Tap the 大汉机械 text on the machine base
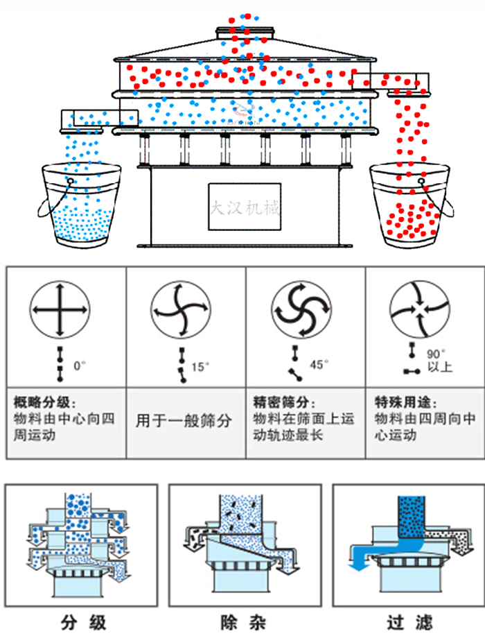245,207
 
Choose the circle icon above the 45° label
299,306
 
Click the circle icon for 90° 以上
418,306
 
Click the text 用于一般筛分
184,420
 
